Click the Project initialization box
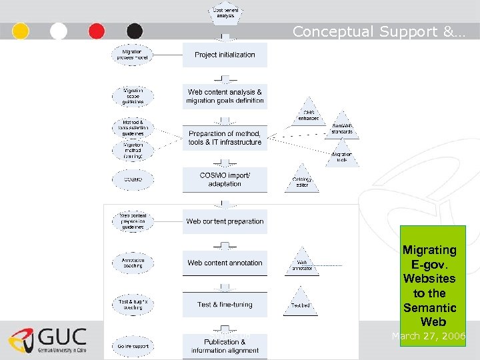click(x=225, y=55)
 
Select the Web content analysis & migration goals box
click(x=225, y=96)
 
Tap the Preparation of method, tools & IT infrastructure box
click(x=225, y=138)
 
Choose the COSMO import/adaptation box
click(x=225, y=179)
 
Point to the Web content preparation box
click(x=225, y=221)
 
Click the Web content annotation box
click(x=225, y=263)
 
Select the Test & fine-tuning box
click(x=225, y=305)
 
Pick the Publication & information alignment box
click(x=225, y=346)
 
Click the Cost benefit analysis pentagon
click(x=225, y=13)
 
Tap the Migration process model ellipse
click(x=132, y=55)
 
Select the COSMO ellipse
click(x=132, y=179)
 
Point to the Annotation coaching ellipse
click(x=132, y=263)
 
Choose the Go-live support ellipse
click(x=132, y=346)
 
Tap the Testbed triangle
click(x=301, y=303)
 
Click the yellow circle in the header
click(x=21, y=31)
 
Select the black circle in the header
click(x=135, y=31)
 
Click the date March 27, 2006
click(x=429, y=336)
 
